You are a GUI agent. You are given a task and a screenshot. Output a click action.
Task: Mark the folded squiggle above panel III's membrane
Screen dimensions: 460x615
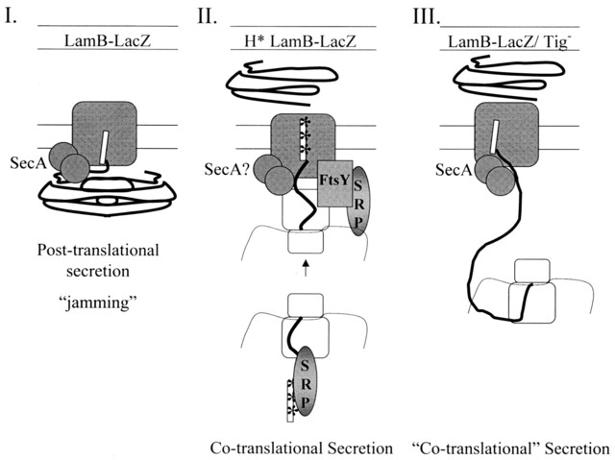point(504,83)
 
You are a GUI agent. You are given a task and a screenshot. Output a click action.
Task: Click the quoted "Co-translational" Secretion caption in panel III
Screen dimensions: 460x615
point(517,448)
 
